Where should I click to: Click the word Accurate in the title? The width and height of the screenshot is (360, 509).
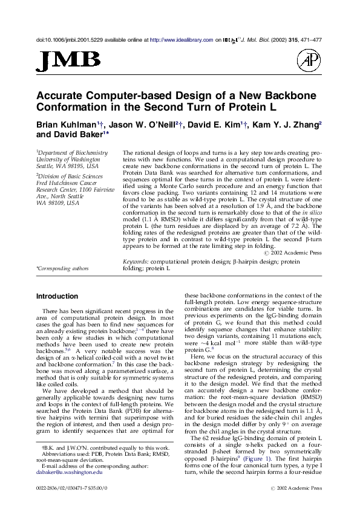click(x=61, y=96)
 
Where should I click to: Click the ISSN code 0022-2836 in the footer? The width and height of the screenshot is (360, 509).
click(x=51, y=487)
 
